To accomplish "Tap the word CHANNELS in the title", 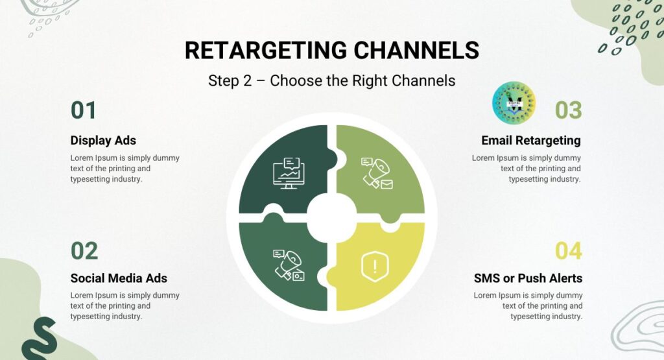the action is pos(416,50).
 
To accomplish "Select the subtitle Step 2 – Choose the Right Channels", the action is pos(331,80).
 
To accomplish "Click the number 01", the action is pos(84,110).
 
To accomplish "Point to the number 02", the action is pos(84,251).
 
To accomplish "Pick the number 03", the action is pos(568,110).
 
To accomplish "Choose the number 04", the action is pos(568,251).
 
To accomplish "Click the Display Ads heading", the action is pos(103,140).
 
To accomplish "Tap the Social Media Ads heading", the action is pos(119,278).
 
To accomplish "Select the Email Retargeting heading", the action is pos(531,140).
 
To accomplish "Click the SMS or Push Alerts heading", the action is pos(528,278).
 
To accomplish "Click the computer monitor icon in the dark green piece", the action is pos(289,173).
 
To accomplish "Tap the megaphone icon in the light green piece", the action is pos(377,173).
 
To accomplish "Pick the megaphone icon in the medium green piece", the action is pos(289,265).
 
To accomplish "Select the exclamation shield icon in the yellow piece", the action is pos(375,267).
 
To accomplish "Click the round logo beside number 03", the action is pos(514,103).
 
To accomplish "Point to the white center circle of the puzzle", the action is pos(331,218).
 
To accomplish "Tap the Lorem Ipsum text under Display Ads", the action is pos(125,168).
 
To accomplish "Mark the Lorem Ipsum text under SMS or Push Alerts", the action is pos(528,306).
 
